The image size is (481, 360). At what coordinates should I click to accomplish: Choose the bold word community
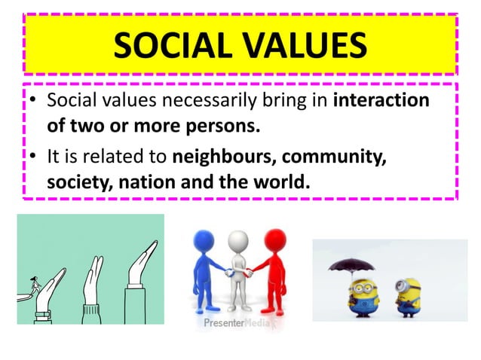333,158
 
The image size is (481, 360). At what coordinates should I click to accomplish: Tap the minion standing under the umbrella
351,294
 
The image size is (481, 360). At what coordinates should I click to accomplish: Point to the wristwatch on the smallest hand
41,314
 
